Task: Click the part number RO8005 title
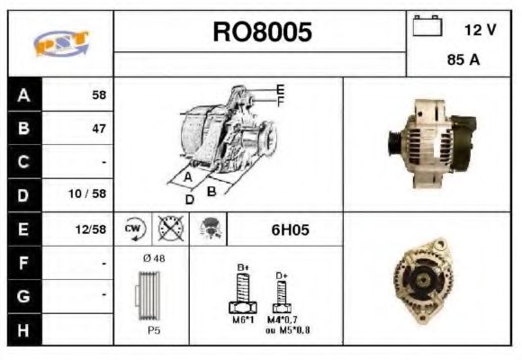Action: click(x=262, y=33)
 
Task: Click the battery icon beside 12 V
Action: click(x=425, y=28)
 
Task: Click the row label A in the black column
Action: click(x=24, y=94)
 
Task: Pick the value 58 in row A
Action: click(x=99, y=94)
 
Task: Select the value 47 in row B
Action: click(x=99, y=128)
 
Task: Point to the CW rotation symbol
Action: click(x=134, y=229)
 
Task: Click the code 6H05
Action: click(x=290, y=229)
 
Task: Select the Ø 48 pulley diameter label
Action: click(x=154, y=258)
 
